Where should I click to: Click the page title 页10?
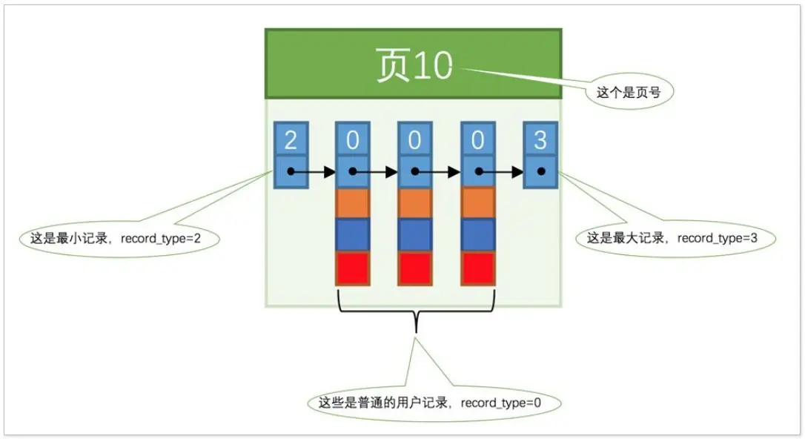click(x=414, y=66)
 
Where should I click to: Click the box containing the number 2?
click(x=291, y=139)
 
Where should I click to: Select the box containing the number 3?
click(x=540, y=139)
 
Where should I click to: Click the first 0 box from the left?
click(x=353, y=139)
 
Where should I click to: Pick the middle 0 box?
click(x=415, y=139)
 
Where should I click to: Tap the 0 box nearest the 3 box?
click(x=477, y=139)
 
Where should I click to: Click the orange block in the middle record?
click(x=415, y=203)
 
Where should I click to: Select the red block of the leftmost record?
click(x=353, y=268)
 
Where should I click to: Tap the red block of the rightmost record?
click(x=477, y=268)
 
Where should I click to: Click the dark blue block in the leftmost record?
click(x=353, y=235)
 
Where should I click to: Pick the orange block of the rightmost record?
click(x=477, y=203)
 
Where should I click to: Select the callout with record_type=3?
click(x=675, y=239)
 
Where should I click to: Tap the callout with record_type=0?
click(x=434, y=403)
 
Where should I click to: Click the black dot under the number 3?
click(x=541, y=172)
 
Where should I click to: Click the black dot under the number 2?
click(x=291, y=172)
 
